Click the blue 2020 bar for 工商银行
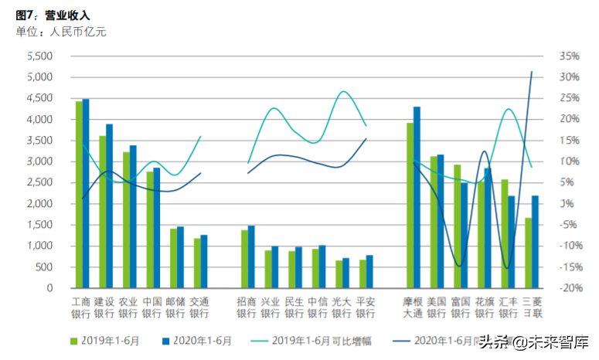pos(86,193)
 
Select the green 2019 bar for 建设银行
pos(102,212)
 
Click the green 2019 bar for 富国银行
pos(457,226)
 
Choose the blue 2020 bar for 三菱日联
pos(535,241)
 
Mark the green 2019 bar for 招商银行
pos(244,259)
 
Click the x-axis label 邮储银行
pos(175,307)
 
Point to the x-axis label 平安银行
pos(365,307)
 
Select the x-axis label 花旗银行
pos(484,307)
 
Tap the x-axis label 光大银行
pos(341,307)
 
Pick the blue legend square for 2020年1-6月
pos(166,340)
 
